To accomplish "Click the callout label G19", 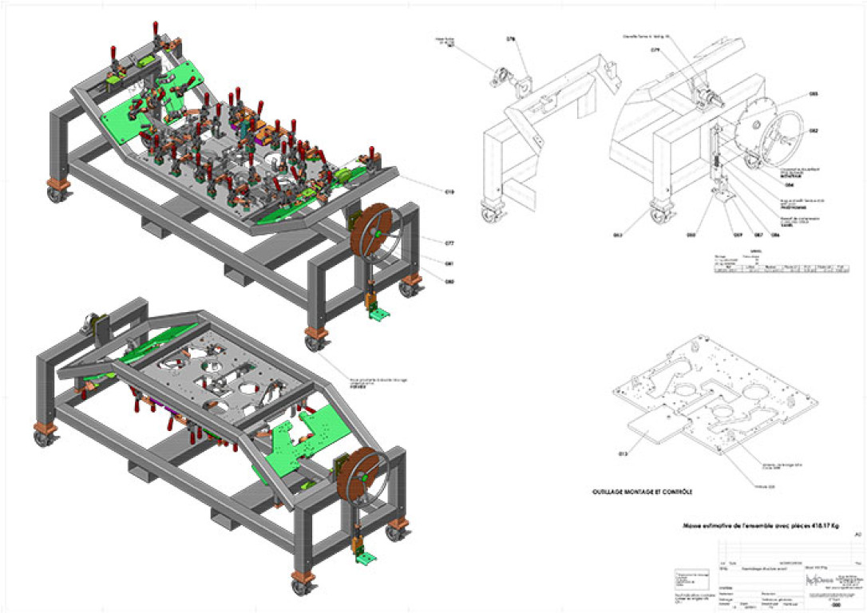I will (449, 192).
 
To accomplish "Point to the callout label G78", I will (511, 38).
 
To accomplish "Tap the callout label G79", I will (655, 49).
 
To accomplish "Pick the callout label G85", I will (813, 94).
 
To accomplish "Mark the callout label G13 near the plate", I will (623, 454).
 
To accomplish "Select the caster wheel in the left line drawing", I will (489, 214).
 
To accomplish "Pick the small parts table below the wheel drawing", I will (781, 264).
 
